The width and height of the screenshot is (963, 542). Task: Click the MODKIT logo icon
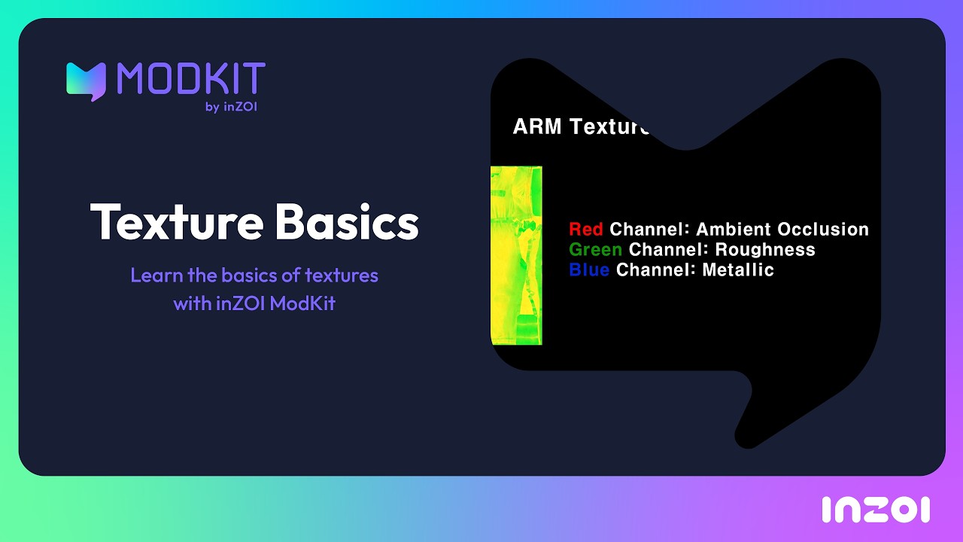86,81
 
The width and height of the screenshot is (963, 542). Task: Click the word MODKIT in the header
191,78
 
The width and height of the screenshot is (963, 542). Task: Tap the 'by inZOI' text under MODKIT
231,107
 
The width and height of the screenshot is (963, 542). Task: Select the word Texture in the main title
177,222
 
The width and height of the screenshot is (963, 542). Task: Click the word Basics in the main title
347,221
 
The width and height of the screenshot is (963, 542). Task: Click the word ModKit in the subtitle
302,303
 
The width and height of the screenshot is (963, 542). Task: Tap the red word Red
585,230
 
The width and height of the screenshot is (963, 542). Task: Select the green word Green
595,249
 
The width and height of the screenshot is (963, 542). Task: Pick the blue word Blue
589,269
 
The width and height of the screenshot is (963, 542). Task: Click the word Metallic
738,269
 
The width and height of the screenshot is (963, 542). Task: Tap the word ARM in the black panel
537,126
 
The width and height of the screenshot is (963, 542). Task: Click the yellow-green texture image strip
516,255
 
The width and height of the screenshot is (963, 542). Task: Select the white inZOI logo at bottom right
876,510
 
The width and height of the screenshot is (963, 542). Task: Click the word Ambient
733,230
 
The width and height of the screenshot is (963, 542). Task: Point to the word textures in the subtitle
342,276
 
